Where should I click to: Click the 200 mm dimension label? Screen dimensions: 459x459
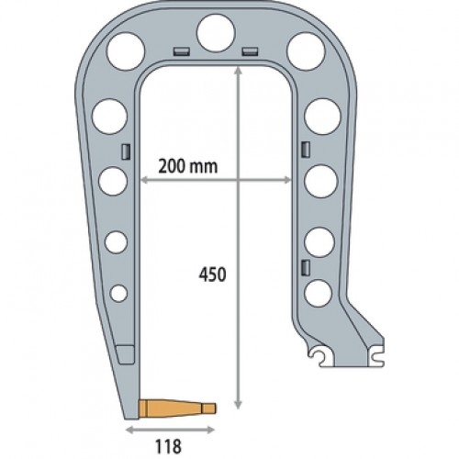tap(188, 167)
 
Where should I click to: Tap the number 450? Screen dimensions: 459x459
tap(213, 274)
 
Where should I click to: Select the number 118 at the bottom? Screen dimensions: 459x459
tap(168, 446)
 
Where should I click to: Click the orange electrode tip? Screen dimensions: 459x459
tap(177, 409)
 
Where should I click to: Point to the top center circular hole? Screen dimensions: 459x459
tap(216, 33)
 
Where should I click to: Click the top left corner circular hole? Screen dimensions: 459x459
tap(125, 51)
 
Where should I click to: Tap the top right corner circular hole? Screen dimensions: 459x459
tap(306, 51)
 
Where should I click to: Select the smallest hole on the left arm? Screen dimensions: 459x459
tap(118, 294)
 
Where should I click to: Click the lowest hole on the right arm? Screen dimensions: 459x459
tap(319, 293)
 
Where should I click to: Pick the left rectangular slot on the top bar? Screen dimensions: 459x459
tap(182, 51)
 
